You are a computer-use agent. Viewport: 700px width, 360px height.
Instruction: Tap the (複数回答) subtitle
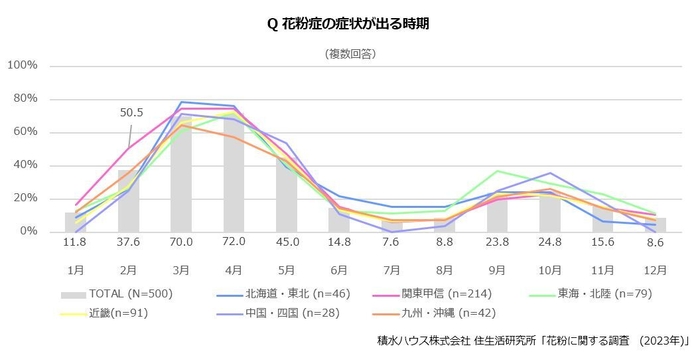(x=349, y=51)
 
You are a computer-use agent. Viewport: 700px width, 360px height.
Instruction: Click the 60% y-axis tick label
(x=24, y=132)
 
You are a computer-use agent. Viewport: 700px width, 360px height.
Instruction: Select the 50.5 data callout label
(x=131, y=112)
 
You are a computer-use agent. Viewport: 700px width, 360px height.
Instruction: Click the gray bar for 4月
(x=232, y=172)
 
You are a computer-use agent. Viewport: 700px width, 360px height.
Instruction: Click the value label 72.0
(x=232, y=242)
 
